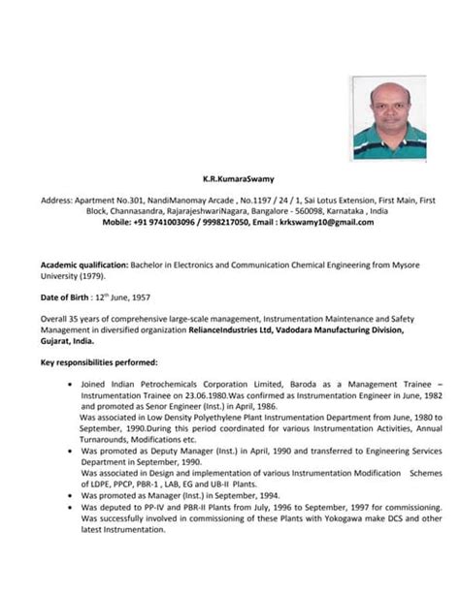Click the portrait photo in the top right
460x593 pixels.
pyautogui.click(x=389, y=118)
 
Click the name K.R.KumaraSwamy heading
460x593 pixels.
pyautogui.click(x=229, y=178)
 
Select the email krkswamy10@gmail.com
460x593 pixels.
pyautogui.click(x=324, y=222)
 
